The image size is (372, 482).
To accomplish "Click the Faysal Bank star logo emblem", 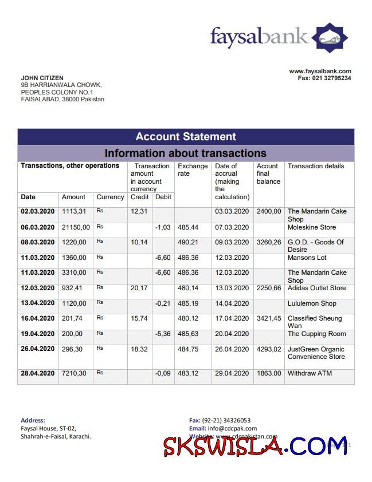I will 330,38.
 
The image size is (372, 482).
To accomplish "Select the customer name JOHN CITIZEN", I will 42,78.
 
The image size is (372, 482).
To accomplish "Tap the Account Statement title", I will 186,137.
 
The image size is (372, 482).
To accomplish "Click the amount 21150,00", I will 74,228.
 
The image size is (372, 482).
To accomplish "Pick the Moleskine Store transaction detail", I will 312,228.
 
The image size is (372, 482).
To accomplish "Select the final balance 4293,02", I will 269,349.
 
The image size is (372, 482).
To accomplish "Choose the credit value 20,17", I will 139,288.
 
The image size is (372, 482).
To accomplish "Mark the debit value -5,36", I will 163,334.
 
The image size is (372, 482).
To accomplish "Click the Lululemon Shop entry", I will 312,303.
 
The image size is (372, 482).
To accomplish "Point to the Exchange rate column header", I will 193,169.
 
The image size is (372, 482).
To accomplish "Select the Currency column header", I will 110,197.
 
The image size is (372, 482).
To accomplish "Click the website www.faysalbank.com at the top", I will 320,72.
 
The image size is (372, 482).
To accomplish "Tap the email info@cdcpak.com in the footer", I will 232,428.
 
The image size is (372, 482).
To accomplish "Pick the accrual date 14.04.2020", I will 232,303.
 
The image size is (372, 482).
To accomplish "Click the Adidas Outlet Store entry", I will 316,288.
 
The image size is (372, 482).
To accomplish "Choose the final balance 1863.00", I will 269,373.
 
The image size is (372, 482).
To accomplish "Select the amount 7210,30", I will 74,373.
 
